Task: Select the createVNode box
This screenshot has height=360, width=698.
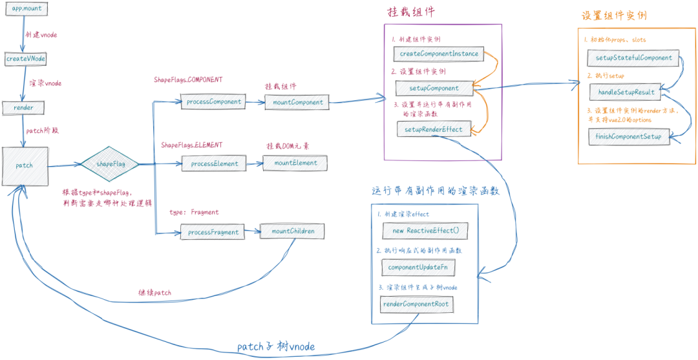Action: (x=26, y=59)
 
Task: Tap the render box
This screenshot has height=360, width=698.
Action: (x=23, y=107)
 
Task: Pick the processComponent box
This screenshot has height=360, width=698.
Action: (x=214, y=102)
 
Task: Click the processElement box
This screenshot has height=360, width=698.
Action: (x=215, y=164)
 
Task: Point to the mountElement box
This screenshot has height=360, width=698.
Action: (x=295, y=163)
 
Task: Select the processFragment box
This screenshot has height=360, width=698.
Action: (x=214, y=232)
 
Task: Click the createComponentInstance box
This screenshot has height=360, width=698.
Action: (x=439, y=54)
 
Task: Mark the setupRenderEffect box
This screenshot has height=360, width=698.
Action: (x=433, y=129)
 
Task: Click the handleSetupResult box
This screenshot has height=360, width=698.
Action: (x=627, y=92)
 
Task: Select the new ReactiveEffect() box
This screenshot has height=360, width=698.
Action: (x=425, y=231)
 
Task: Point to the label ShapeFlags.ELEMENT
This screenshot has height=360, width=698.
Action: (x=191, y=145)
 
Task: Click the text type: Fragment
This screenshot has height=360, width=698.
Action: (x=194, y=212)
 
